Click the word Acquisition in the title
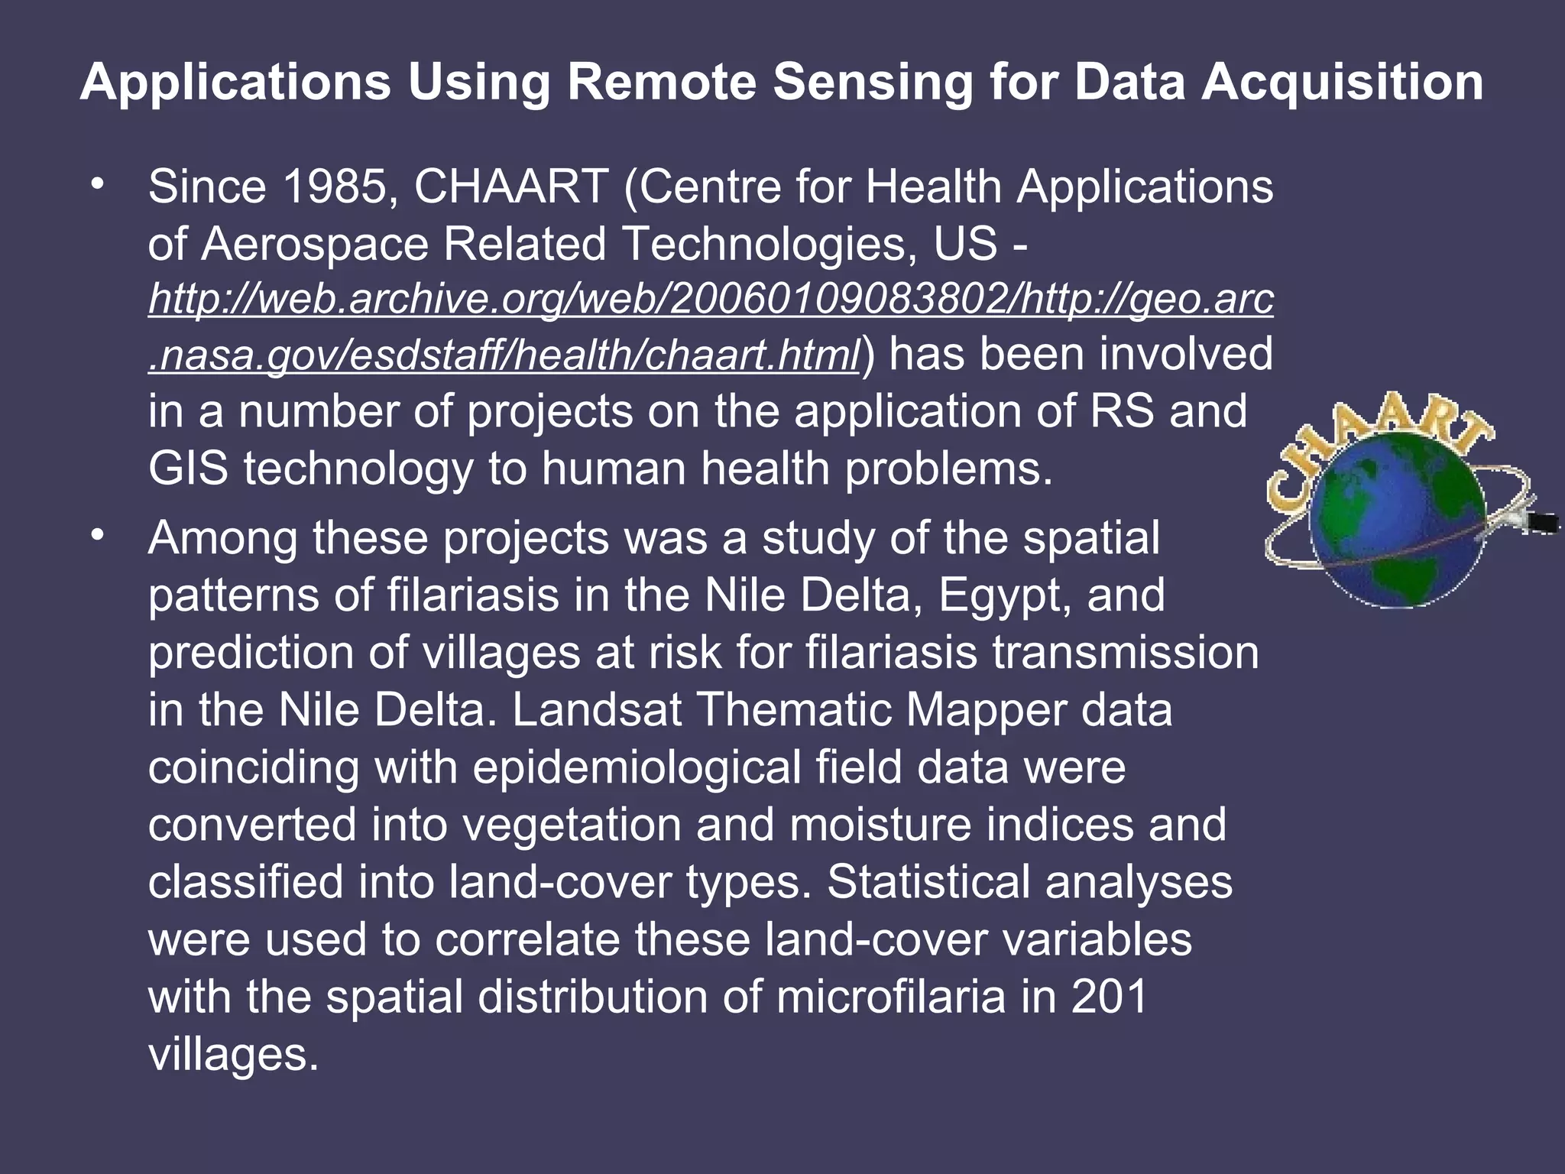pyautogui.click(x=1342, y=83)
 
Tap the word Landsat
pyautogui.click(x=596, y=711)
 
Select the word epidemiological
pyautogui.click(x=637, y=768)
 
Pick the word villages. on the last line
pyautogui.click(x=233, y=1055)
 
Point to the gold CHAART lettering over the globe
pyautogui.click(x=1375, y=443)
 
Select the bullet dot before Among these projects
pyautogui.click(x=96, y=537)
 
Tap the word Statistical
pyautogui.click(x=928, y=883)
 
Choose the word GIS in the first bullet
pyautogui.click(x=187, y=469)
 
